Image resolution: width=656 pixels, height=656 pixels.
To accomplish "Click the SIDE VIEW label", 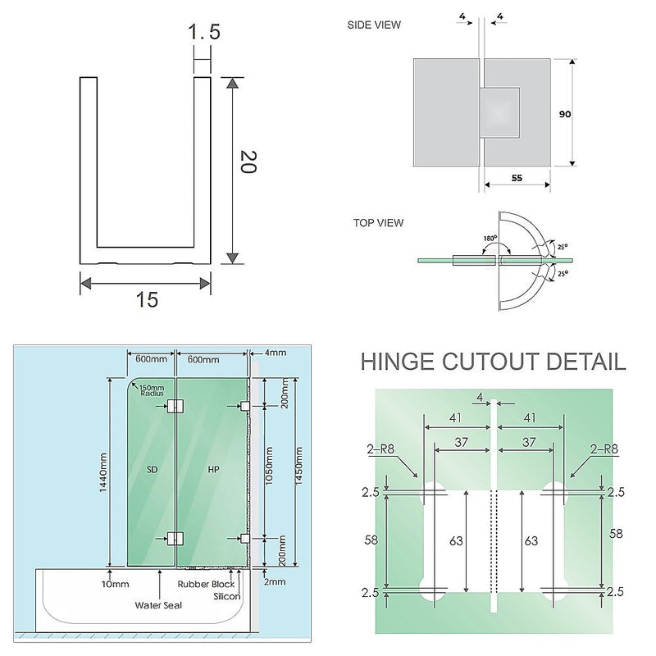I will click(375, 25).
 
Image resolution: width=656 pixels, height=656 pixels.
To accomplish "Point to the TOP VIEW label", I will click(378, 222).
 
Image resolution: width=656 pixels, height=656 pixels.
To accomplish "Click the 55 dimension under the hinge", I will click(517, 176).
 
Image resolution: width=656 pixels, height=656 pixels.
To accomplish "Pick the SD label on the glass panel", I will click(152, 470).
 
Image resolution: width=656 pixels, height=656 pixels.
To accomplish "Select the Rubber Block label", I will click(206, 584).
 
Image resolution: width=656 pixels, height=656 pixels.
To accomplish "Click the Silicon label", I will click(228, 596).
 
